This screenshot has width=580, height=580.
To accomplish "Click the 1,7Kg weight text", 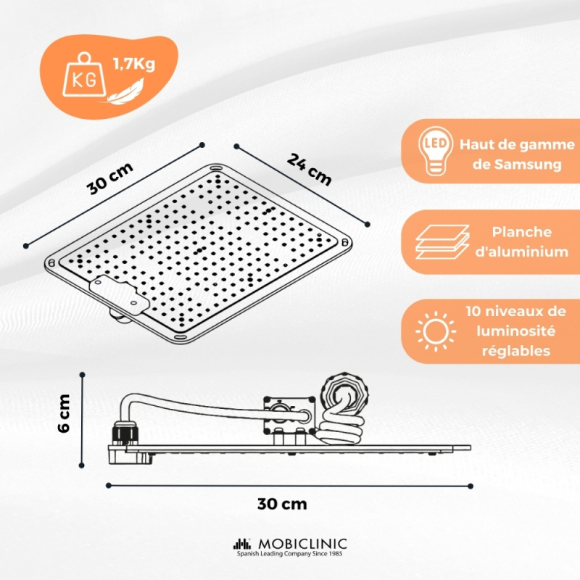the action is pos(134,65).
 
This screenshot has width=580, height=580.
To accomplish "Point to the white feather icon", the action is pos(125,91).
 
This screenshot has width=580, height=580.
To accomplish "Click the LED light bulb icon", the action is pos(436,151).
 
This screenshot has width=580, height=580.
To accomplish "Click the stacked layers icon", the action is pos(442,241).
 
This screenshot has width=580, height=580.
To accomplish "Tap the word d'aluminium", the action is pos(521,252).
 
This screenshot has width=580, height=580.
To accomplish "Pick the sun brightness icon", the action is pos(436,331).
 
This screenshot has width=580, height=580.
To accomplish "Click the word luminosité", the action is pos(515,331).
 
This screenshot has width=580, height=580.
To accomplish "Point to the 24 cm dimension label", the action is pos(309,170).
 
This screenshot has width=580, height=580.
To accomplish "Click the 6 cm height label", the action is pos(64,413).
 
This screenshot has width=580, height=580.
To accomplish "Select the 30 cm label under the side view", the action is pos(282,504).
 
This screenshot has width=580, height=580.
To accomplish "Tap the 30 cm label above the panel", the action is pos(110,178).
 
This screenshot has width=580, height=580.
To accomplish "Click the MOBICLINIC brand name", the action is pos(302,544).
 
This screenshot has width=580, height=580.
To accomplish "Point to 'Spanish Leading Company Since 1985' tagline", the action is pos(289,554).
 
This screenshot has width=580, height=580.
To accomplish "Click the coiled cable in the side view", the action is pos(339,430).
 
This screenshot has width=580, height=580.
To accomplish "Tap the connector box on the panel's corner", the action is pos(119,294).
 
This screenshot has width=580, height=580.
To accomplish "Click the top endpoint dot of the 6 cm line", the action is pos(82,375).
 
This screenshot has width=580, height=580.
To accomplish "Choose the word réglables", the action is pos(516,350).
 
